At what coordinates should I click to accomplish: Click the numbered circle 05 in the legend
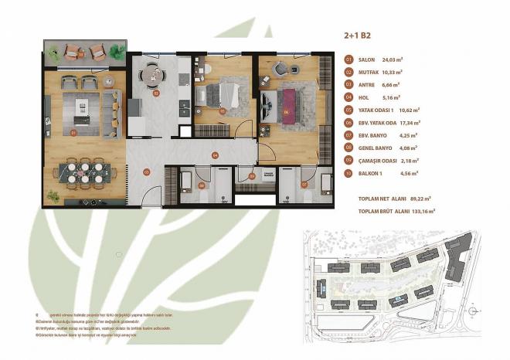[348, 109]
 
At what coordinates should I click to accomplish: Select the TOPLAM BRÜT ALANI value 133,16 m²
[421, 209]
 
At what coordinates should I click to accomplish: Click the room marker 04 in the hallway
[215, 155]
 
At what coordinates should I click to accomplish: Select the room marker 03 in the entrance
[146, 172]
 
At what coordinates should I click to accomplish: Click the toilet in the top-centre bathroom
[206, 70]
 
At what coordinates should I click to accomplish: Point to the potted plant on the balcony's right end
[118, 52]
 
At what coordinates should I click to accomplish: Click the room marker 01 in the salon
[73, 133]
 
